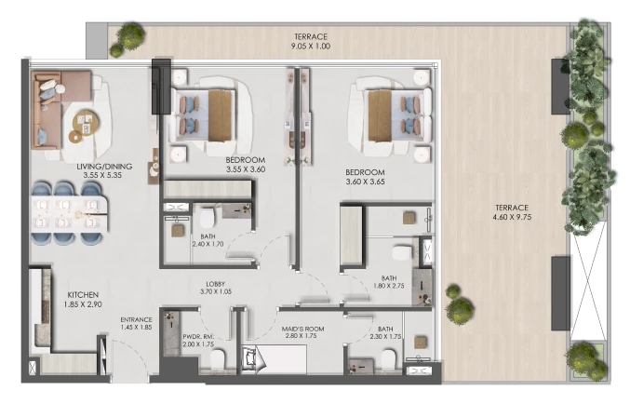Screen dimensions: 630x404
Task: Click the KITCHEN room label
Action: click(x=83, y=295)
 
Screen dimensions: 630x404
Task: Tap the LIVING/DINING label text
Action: click(x=104, y=167)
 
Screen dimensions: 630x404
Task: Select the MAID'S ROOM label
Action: click(x=302, y=329)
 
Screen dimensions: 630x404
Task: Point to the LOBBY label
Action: click(x=215, y=284)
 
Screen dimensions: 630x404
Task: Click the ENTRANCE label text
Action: click(x=136, y=320)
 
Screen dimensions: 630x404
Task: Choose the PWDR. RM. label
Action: click(x=198, y=337)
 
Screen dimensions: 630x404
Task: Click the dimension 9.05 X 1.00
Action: click(x=311, y=47)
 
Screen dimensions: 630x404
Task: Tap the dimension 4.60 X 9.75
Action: click(x=512, y=217)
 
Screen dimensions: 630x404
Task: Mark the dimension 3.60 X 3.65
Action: click(x=365, y=182)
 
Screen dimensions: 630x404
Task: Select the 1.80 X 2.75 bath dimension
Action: click(x=389, y=286)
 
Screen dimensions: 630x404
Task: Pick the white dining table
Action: click(x=70, y=214)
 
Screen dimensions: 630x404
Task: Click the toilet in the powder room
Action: click(x=218, y=359)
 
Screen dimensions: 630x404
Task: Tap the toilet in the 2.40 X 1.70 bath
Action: click(x=208, y=218)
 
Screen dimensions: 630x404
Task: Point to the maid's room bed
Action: click(x=274, y=359)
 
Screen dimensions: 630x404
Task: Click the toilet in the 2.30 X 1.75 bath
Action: click(x=389, y=359)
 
